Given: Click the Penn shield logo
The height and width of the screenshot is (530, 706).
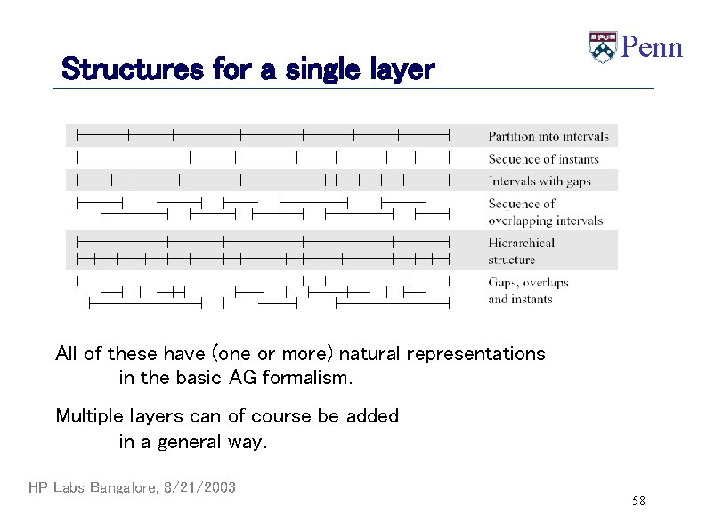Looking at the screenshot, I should click(602, 47).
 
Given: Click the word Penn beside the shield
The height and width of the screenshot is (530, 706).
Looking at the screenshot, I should click(651, 47).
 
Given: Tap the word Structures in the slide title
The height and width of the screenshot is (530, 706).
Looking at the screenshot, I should click(134, 68).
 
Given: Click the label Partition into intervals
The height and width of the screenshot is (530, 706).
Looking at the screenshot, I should click(548, 136).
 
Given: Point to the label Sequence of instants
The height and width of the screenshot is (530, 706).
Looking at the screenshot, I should click(543, 159).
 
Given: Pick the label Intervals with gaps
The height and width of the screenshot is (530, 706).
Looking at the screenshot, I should click(540, 181).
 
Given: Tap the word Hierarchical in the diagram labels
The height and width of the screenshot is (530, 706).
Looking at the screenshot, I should click(521, 243).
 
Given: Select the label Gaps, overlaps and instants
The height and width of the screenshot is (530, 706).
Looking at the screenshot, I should click(528, 291).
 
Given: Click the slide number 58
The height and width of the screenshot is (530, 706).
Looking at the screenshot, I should click(638, 502).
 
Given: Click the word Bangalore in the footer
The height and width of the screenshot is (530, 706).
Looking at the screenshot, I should click(120, 487).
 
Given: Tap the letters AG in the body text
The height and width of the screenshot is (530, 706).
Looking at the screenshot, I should click(243, 378).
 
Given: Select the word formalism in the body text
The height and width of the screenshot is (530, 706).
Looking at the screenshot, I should click(307, 378).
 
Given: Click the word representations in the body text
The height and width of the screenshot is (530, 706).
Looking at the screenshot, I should click(475, 354).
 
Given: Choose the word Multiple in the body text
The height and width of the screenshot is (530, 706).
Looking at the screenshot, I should click(88, 416).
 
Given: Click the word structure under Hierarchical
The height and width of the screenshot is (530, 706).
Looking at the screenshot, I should click(511, 260).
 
